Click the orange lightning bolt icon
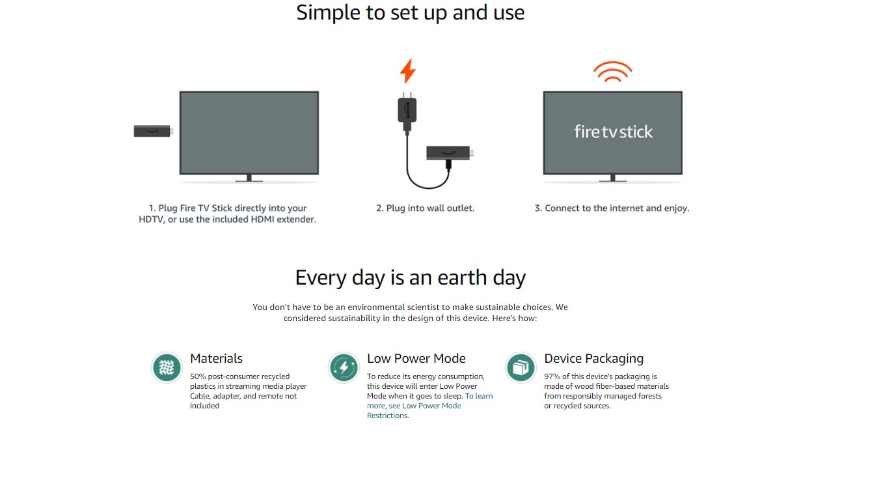407,71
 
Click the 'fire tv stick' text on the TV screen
613,132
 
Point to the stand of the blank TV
249,178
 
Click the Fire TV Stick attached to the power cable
450,152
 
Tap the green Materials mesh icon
167,367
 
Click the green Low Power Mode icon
344,367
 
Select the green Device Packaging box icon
521,367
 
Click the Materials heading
216,358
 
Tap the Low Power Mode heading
416,358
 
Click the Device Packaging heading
593,358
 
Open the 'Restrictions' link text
387,416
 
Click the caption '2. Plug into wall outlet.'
426,208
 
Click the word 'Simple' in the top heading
329,13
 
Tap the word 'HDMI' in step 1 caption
262,219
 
